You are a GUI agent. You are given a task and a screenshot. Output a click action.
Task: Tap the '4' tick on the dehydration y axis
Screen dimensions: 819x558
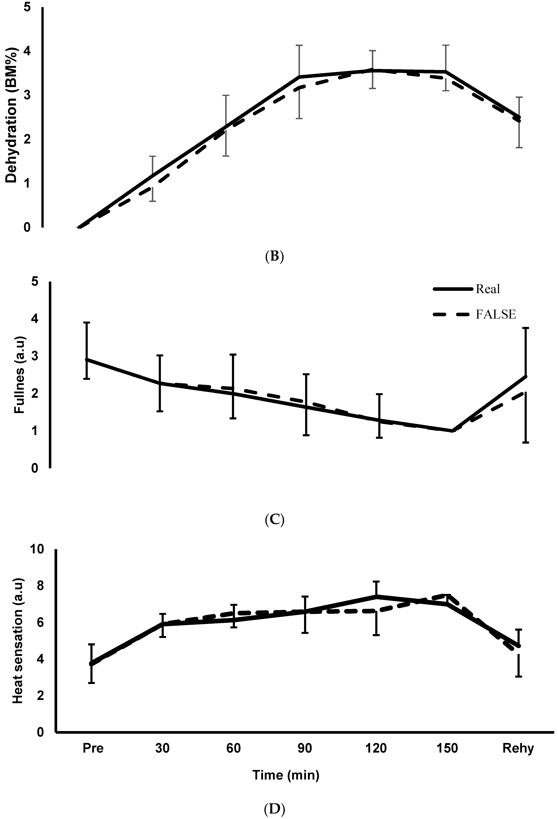27,51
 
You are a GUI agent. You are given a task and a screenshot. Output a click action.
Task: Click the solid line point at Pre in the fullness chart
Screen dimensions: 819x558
87,359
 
